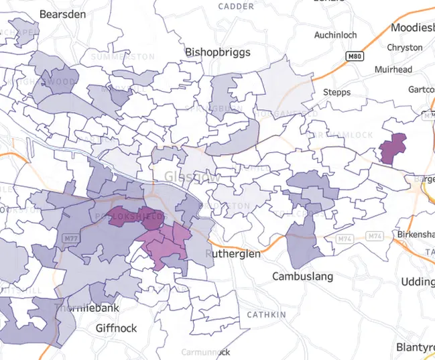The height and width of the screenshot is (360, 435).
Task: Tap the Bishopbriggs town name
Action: (218, 52)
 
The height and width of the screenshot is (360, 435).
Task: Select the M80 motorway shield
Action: (355, 57)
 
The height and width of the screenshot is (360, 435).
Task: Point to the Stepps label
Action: (336, 92)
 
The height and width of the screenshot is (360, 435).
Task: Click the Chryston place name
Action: (405, 48)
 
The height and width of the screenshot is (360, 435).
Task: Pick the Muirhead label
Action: (393, 68)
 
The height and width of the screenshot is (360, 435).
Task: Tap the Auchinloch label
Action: (336, 34)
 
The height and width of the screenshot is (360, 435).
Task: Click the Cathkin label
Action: (266, 314)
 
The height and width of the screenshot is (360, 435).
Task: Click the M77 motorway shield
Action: (70, 239)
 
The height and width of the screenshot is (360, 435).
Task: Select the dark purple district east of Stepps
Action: (393, 148)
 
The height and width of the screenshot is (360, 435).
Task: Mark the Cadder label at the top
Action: (236, 7)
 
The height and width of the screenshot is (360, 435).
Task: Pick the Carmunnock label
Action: (205, 352)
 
